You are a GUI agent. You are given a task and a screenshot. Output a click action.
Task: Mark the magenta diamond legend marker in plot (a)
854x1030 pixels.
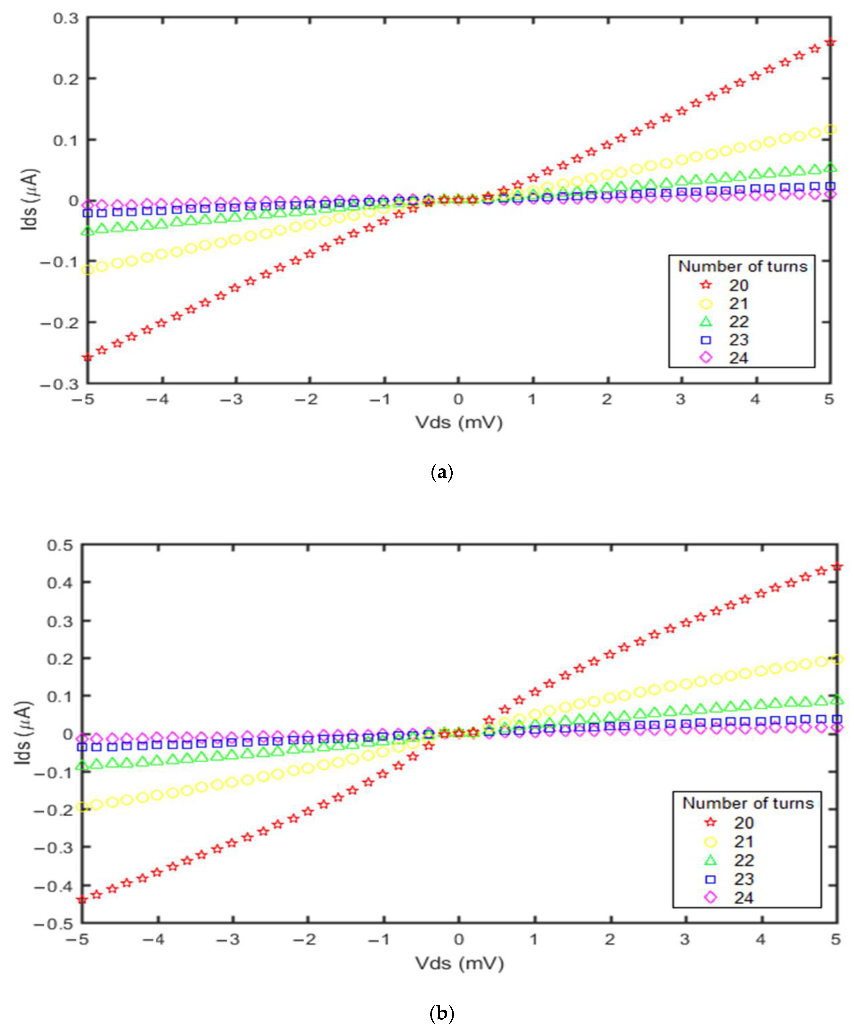(x=706, y=358)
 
